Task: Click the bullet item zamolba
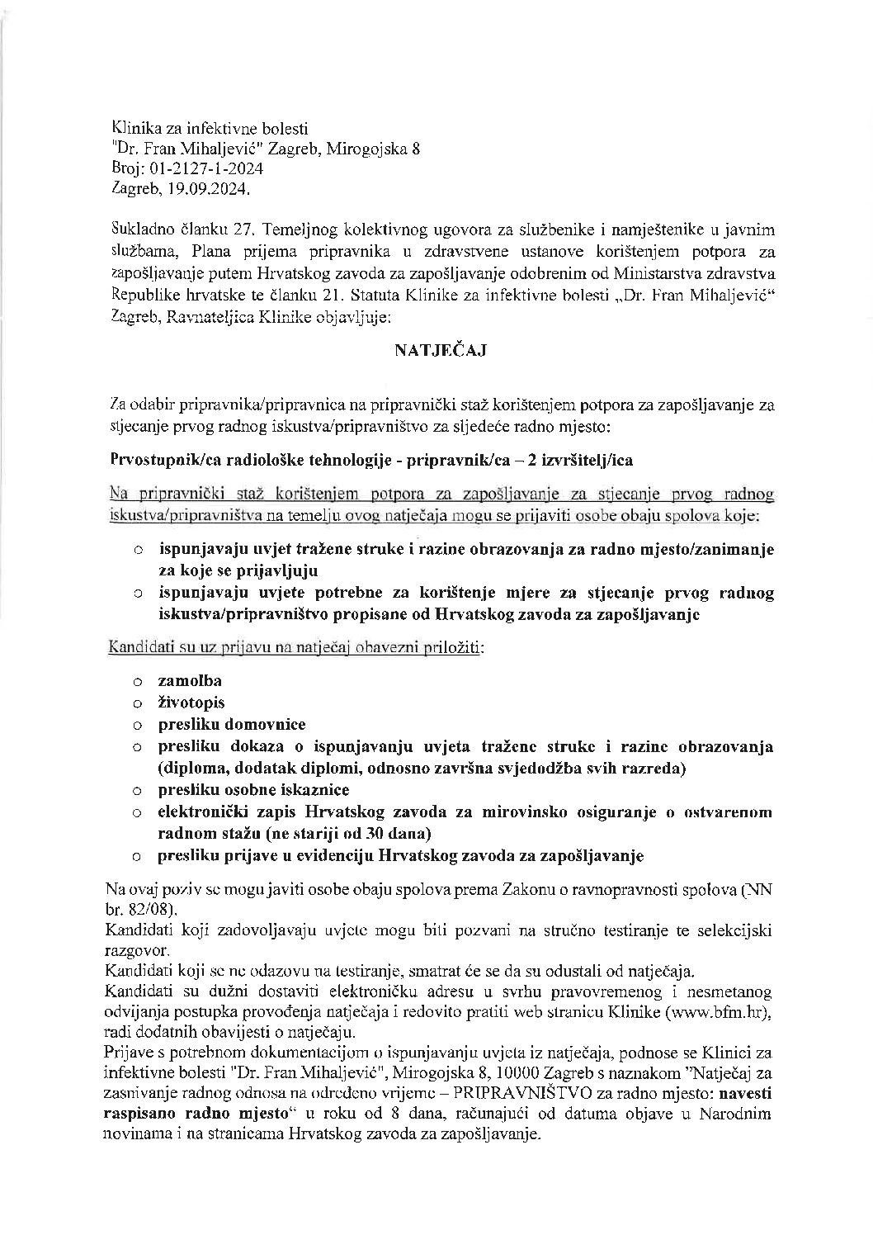(x=190, y=681)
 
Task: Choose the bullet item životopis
(x=191, y=703)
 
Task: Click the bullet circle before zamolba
(x=139, y=682)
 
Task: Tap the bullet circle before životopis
(x=139, y=703)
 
